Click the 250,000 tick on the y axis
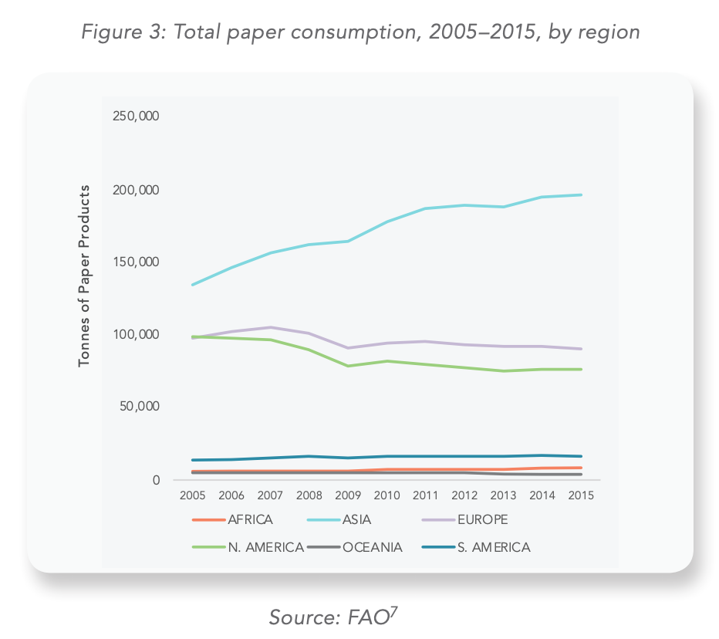click(x=137, y=117)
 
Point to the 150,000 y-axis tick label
click(x=137, y=262)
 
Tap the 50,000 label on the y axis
click(x=140, y=407)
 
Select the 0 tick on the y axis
click(x=155, y=480)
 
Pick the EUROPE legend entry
click(x=481, y=519)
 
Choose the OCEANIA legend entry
click(x=373, y=547)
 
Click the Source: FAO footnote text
click(x=332, y=617)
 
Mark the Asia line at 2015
click(x=581, y=194)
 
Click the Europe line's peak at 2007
click(x=269, y=327)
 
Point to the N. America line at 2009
click(x=347, y=366)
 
